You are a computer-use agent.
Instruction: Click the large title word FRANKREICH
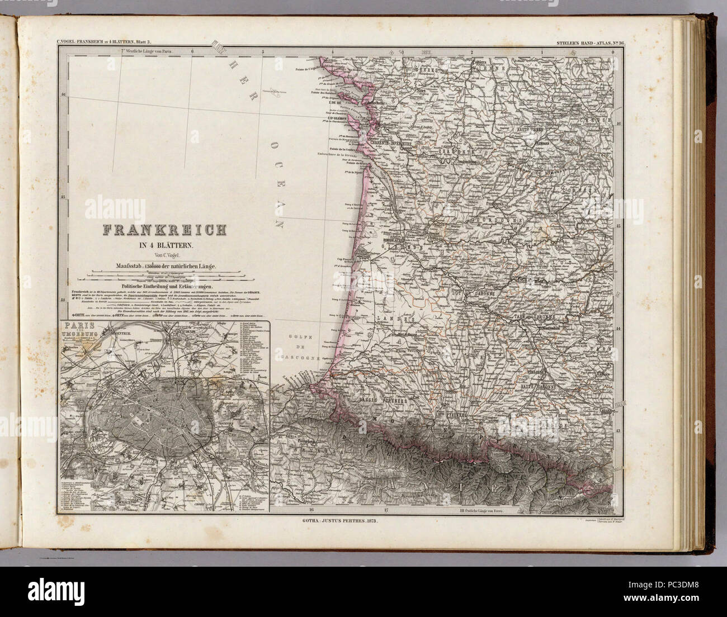163,230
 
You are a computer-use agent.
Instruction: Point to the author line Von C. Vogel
163,255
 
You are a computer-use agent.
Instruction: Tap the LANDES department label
390,318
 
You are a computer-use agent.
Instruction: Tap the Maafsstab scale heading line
163,266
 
